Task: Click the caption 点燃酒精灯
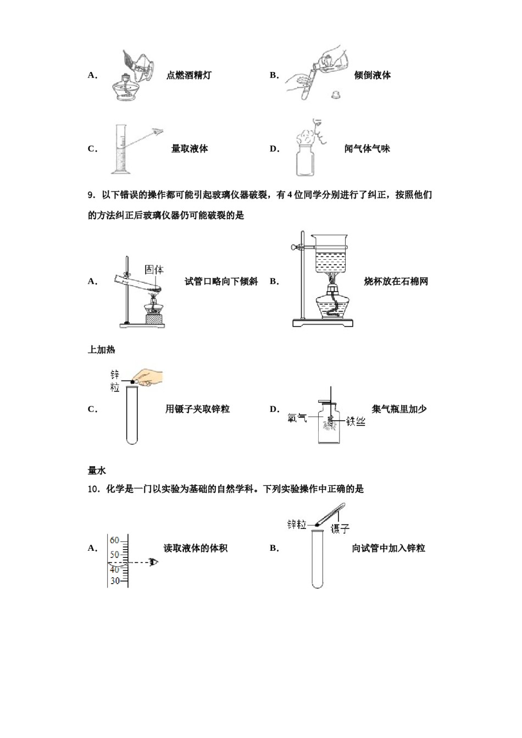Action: coord(188,75)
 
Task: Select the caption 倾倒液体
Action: coord(372,75)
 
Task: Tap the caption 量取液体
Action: coord(190,148)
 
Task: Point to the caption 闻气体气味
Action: coord(367,148)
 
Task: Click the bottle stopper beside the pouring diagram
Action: coord(335,95)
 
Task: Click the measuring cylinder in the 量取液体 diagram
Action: coord(119,149)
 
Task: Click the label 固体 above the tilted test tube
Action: coord(154,269)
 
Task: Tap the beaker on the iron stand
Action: coord(330,255)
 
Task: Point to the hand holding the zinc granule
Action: coord(149,378)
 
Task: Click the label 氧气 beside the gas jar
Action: coord(297,419)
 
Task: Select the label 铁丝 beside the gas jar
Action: coord(356,422)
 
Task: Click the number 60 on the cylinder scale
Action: coord(114,540)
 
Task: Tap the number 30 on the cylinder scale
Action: coord(115,580)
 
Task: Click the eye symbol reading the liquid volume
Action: coord(154,562)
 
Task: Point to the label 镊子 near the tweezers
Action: coord(340,529)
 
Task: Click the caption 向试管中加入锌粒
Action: coord(388,548)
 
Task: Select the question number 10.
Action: coord(93,489)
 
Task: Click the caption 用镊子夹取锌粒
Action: coord(197,409)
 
